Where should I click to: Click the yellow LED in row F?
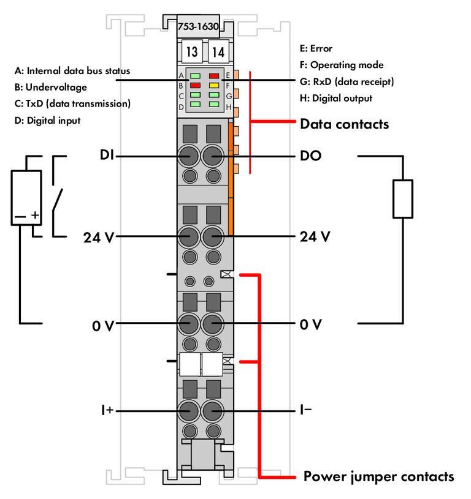click(214, 86)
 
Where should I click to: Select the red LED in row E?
click(214, 76)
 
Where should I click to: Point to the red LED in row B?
click(195, 86)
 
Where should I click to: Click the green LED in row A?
click(195, 76)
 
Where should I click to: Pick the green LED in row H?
click(214, 105)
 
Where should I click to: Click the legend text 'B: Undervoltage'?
click(51, 87)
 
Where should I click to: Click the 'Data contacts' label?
click(344, 124)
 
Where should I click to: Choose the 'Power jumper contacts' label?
click(379, 476)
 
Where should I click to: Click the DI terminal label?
click(107, 156)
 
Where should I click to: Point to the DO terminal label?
click(311, 156)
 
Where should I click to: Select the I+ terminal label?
click(107, 410)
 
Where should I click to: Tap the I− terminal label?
click(305, 410)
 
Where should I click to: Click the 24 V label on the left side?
click(99, 236)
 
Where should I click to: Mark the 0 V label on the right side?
click(310, 324)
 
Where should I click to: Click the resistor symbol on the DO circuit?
click(402, 198)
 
